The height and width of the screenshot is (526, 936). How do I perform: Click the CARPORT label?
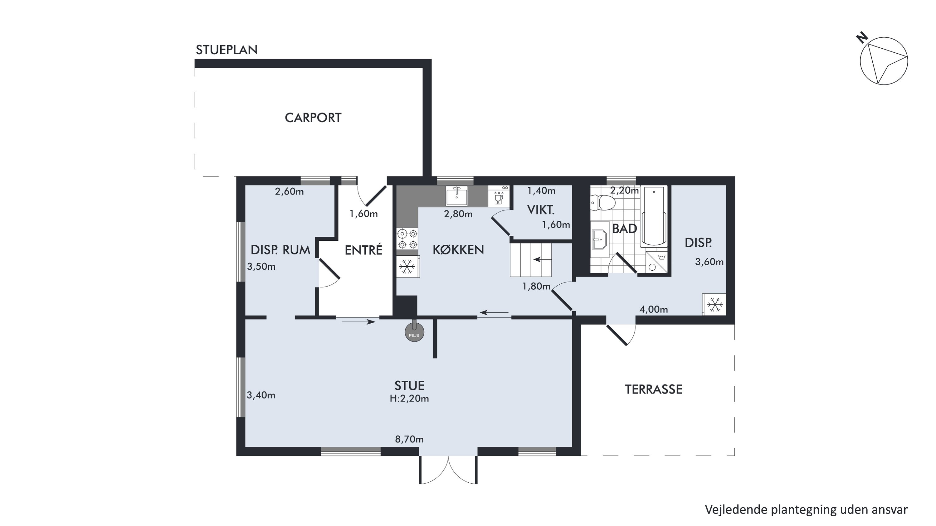click(x=313, y=118)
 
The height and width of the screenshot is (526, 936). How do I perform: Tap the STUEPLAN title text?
click(x=227, y=50)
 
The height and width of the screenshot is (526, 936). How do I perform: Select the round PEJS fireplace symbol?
click(x=414, y=332)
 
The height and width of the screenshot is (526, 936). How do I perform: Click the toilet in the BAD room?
click(x=603, y=203)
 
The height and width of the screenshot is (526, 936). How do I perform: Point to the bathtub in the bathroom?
click(x=654, y=217)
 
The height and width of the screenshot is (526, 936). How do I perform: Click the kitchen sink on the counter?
click(x=457, y=196)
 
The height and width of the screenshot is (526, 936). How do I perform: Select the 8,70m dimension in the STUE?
click(x=409, y=439)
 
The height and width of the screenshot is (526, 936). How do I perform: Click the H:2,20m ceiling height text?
click(x=409, y=398)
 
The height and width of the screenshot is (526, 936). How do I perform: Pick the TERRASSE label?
click(x=653, y=389)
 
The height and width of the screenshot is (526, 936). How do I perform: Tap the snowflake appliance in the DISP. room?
click(x=714, y=304)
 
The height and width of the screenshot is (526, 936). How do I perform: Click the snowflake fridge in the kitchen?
click(x=407, y=267)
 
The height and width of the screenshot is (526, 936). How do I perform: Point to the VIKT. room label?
click(x=541, y=210)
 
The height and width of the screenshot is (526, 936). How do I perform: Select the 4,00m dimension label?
click(x=653, y=309)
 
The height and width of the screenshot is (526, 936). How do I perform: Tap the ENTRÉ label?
click(x=363, y=250)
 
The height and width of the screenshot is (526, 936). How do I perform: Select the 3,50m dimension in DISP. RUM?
click(x=261, y=267)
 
